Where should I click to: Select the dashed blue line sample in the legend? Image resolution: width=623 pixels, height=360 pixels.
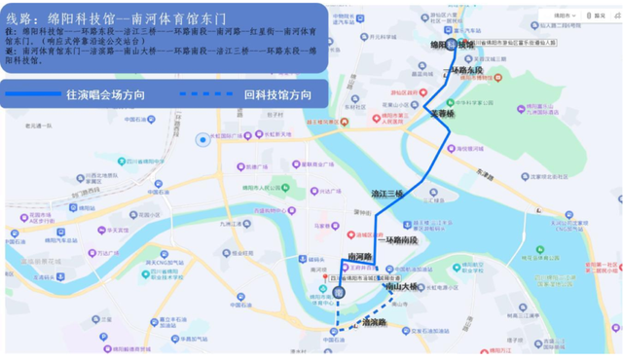pos(207,94)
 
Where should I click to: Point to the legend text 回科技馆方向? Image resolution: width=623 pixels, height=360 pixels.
pos(277,94)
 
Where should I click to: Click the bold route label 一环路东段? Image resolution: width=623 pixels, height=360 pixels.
pos(465,69)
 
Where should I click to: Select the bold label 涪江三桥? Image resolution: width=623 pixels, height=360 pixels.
pos(387,194)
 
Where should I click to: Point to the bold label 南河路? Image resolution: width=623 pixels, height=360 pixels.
pos(361,257)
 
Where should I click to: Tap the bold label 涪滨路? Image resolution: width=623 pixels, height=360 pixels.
pos(373,322)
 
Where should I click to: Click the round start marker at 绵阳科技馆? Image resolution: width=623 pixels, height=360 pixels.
pos(452,44)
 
